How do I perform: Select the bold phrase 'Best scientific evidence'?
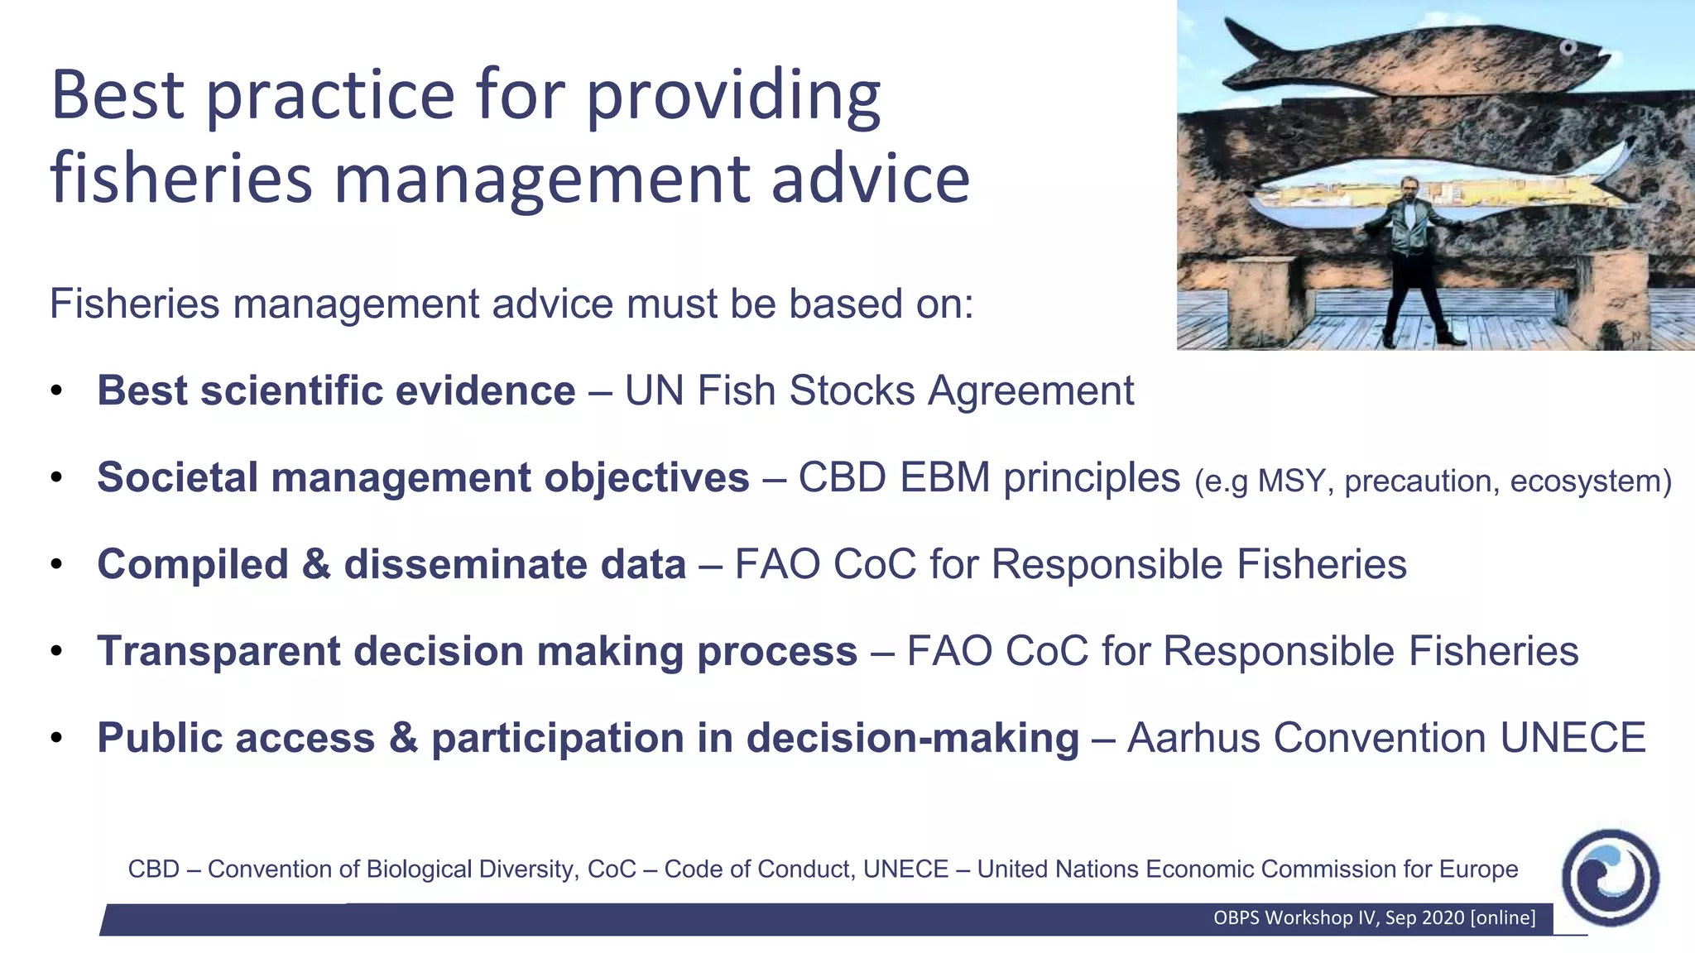[336, 390]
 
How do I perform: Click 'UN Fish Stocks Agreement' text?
[879, 390]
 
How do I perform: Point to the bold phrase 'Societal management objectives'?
[423, 478]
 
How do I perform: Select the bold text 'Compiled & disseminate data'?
[391, 565]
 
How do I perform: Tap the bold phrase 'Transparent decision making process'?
[477, 651]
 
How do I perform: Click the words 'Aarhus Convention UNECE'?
[1386, 738]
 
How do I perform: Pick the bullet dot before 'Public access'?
[56, 738]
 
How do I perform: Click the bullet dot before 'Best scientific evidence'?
[56, 390]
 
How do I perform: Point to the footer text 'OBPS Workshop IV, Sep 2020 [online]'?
[1374, 917]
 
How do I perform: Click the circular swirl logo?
[1609, 878]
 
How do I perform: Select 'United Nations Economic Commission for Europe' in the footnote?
[1247, 869]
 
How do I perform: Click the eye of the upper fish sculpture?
[1567, 48]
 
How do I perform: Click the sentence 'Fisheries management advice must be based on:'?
[511, 304]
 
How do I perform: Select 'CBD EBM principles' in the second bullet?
[988, 478]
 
